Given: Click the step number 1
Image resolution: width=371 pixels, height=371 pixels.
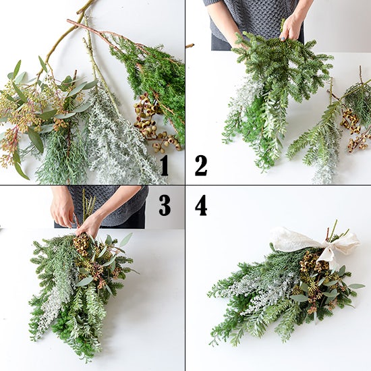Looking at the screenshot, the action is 164,166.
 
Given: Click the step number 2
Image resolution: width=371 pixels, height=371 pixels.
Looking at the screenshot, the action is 201,166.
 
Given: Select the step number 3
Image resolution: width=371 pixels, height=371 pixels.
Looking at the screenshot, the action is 165,205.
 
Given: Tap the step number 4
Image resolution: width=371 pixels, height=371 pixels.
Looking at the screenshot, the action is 201,205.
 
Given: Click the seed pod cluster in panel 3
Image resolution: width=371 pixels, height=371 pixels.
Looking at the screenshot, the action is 82,244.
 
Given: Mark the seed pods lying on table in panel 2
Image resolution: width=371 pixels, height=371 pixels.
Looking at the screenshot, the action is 355,130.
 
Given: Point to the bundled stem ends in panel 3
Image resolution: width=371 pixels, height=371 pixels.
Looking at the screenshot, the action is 89,204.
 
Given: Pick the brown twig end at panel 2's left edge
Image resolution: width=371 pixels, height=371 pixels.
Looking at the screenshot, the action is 190,46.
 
